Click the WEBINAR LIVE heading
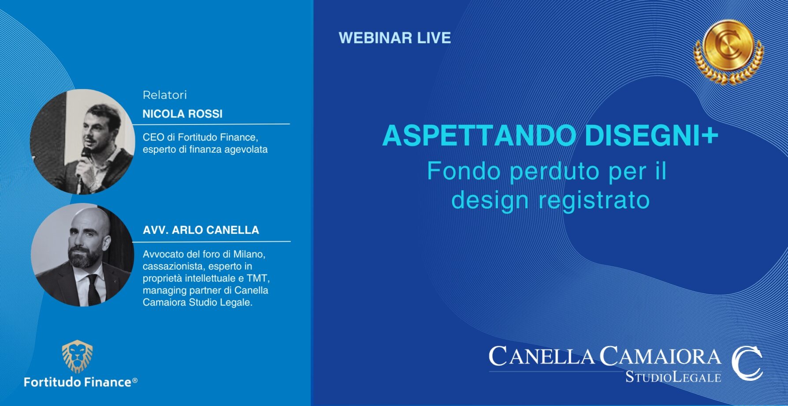click(395, 38)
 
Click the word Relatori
click(165, 95)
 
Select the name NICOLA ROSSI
click(182, 114)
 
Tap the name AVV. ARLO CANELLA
click(201, 230)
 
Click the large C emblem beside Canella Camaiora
click(747, 364)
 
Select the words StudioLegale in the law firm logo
click(673, 377)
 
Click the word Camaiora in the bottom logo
click(660, 356)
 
